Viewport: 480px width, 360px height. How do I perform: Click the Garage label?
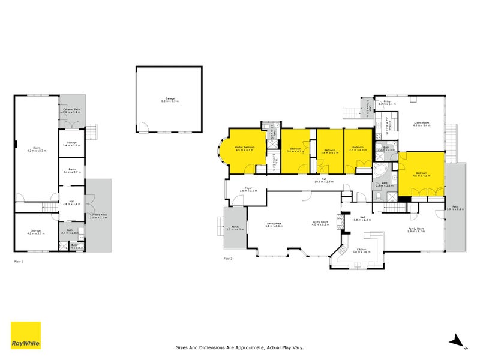click(170, 101)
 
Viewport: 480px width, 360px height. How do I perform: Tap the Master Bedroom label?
click(245, 148)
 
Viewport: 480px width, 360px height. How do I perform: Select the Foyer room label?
click(248, 190)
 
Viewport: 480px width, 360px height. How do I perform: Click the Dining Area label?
click(274, 225)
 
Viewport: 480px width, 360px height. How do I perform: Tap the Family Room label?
click(416, 230)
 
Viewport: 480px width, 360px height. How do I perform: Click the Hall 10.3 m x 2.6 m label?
click(323, 180)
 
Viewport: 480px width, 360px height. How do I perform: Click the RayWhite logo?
click(26, 335)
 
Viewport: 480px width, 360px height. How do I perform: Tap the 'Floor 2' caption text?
click(227, 259)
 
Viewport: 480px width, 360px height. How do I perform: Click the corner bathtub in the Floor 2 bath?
click(380, 172)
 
